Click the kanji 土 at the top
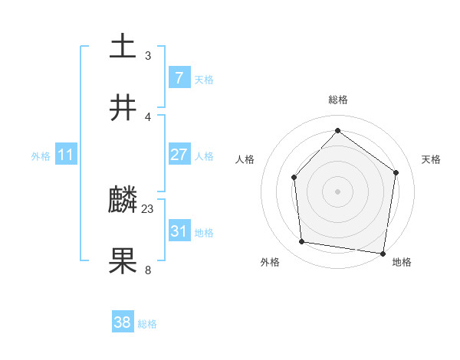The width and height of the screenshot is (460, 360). (123, 46)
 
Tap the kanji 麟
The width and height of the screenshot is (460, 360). (123, 201)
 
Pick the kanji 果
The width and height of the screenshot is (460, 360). (123, 260)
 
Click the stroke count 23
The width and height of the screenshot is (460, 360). (148, 208)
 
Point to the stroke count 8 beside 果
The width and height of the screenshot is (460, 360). (148, 270)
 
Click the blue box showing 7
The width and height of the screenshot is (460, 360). (179, 78)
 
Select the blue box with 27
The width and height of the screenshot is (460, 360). (179, 155)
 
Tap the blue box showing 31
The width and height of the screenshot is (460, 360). (179, 231)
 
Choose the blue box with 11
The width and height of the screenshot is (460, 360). (65, 155)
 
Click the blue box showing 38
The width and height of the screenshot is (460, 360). (123, 322)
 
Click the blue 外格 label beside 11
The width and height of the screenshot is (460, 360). (41, 156)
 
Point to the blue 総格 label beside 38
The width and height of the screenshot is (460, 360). (147, 324)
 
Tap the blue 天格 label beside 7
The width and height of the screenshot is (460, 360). (204, 80)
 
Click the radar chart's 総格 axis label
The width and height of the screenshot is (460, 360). (338, 100)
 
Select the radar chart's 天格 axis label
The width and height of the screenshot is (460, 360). (432, 159)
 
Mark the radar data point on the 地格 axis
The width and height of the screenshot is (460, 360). (383, 253)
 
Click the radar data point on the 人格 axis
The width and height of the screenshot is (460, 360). (294, 178)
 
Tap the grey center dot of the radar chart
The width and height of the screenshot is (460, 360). (338, 191)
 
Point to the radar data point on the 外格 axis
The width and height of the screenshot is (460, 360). (301, 242)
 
